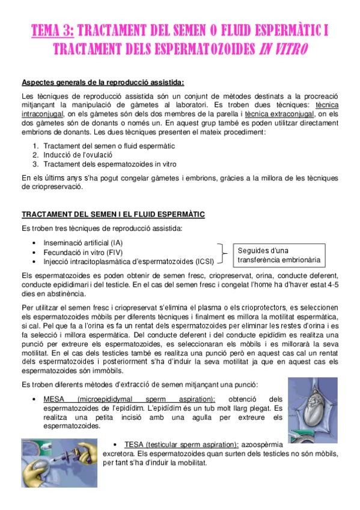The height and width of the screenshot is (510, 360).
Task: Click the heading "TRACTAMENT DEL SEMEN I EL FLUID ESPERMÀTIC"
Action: click(x=113, y=214)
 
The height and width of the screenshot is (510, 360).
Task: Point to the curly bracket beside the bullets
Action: click(x=222, y=253)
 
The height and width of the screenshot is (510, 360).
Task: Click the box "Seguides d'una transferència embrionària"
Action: click(x=278, y=256)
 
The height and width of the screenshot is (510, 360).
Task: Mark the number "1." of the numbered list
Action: click(x=36, y=146)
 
